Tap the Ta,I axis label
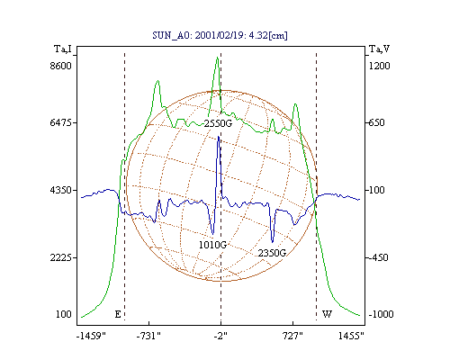click(63, 49)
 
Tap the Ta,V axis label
click(379, 49)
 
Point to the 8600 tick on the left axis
click(60, 66)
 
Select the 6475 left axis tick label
click(60, 122)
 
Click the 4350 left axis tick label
click(60, 190)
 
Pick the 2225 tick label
click(60, 257)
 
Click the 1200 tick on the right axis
click(379, 66)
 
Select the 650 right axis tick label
click(376, 122)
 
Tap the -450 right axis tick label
click(378, 257)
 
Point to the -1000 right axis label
click(381, 314)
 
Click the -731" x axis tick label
click(148, 336)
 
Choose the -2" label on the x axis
click(220, 336)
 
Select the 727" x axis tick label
click(292, 336)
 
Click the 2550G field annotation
click(218, 123)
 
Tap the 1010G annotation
click(212, 245)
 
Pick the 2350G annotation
click(272, 253)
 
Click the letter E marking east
click(118, 314)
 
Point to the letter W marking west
click(327, 314)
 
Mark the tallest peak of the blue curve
click(219, 137)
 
